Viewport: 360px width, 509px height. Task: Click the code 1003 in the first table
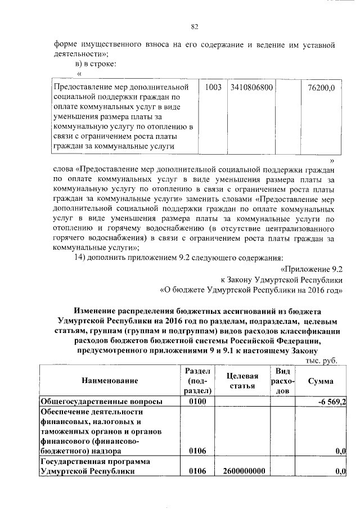[x=213, y=88]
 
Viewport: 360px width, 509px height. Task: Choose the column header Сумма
[x=319, y=381]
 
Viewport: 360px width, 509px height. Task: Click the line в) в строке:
[x=96, y=64]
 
